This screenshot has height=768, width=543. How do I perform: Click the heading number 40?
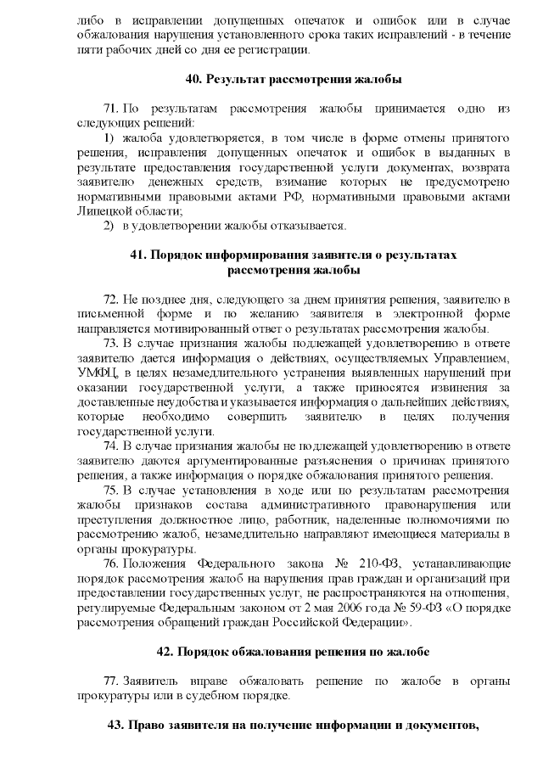(x=193, y=80)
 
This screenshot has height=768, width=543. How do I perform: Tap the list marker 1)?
(x=109, y=137)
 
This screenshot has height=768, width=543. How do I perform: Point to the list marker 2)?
(x=109, y=225)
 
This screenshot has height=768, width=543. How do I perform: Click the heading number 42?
(x=166, y=651)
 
